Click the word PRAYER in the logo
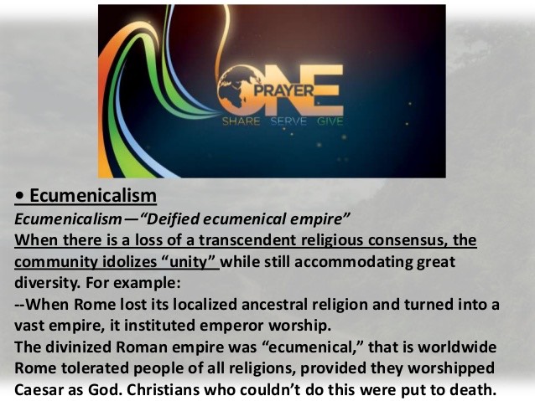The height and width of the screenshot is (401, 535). [x=283, y=90]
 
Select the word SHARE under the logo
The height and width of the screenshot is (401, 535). [x=242, y=121]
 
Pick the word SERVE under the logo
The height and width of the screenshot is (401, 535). [x=288, y=121]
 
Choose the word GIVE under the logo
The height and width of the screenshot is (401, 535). [x=330, y=121]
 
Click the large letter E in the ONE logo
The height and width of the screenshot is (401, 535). [x=328, y=90]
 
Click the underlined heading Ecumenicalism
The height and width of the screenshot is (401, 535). [x=93, y=196]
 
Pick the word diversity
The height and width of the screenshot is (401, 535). [x=47, y=283]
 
